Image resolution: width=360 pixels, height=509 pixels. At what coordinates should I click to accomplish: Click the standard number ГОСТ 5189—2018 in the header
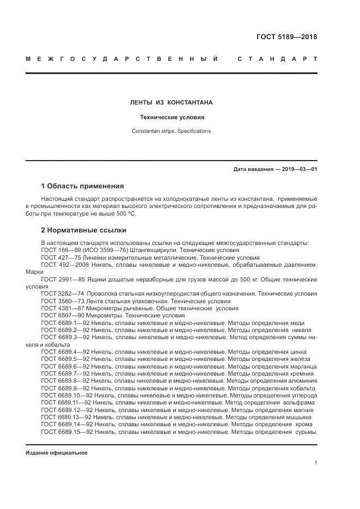tap(286, 37)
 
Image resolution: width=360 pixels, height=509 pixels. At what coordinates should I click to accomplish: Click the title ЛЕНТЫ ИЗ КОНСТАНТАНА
tap(171, 102)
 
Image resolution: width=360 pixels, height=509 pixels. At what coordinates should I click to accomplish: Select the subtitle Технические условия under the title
tap(171, 117)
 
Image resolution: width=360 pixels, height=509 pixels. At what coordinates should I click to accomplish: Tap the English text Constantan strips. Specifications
tap(171, 131)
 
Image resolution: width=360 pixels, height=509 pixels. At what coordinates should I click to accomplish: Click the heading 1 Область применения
tap(82, 186)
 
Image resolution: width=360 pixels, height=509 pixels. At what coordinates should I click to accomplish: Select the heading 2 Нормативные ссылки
tap(83, 230)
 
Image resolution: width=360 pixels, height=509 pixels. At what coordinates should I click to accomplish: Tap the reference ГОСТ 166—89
tap(58, 250)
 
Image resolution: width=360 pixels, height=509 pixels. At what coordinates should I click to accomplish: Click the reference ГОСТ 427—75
tap(58, 257)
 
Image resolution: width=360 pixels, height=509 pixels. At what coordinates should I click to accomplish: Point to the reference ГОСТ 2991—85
tap(60, 279)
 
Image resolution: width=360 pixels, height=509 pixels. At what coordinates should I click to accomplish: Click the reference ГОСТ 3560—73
tap(60, 301)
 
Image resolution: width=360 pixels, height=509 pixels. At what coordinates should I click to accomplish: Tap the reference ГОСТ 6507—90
tap(60, 316)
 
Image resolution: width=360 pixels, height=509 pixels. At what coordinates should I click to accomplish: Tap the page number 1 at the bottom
tap(315, 463)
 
